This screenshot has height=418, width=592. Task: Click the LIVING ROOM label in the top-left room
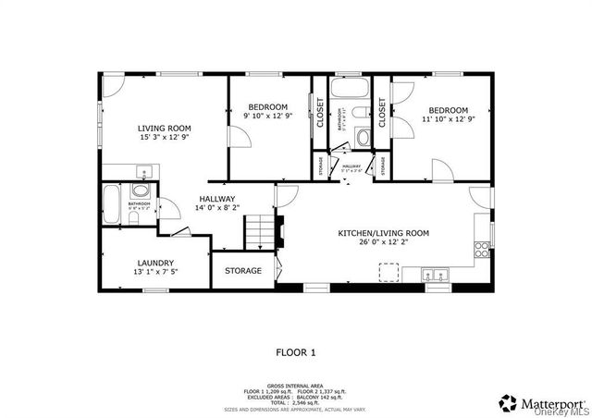[164, 128]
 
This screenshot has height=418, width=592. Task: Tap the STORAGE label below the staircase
[243, 271]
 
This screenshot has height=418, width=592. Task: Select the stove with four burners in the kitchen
[482, 248]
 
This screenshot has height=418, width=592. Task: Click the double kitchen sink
[433, 275]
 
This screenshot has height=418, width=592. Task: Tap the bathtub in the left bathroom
[111, 202]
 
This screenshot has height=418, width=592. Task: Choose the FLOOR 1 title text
[296, 351]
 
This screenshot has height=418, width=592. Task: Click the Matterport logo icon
[509, 402]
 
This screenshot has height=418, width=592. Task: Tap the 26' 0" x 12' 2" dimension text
[382, 244]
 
